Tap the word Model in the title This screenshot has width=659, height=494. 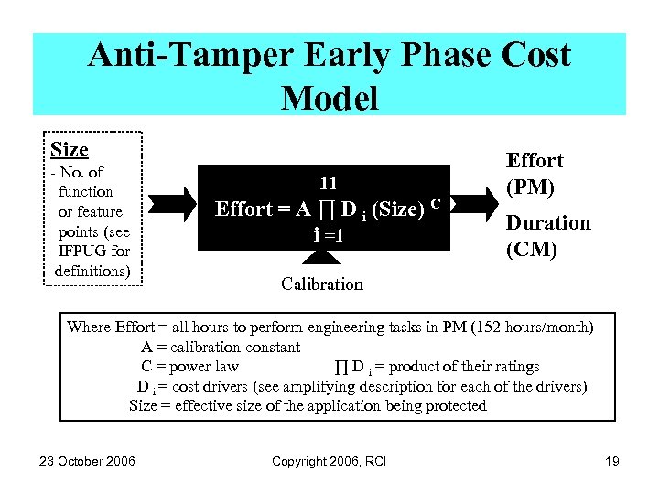[329, 97]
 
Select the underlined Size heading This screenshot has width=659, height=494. [70, 150]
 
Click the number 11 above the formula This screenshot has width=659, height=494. [329, 183]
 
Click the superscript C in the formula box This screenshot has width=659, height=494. [437, 201]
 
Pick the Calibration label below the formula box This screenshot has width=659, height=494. [322, 284]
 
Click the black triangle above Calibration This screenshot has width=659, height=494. [322, 259]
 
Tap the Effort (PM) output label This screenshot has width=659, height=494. [535, 174]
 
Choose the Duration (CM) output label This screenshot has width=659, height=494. [548, 235]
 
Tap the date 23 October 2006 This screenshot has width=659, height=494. [87, 461]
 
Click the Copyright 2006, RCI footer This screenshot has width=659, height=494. [329, 461]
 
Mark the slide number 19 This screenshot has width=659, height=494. [612, 461]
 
